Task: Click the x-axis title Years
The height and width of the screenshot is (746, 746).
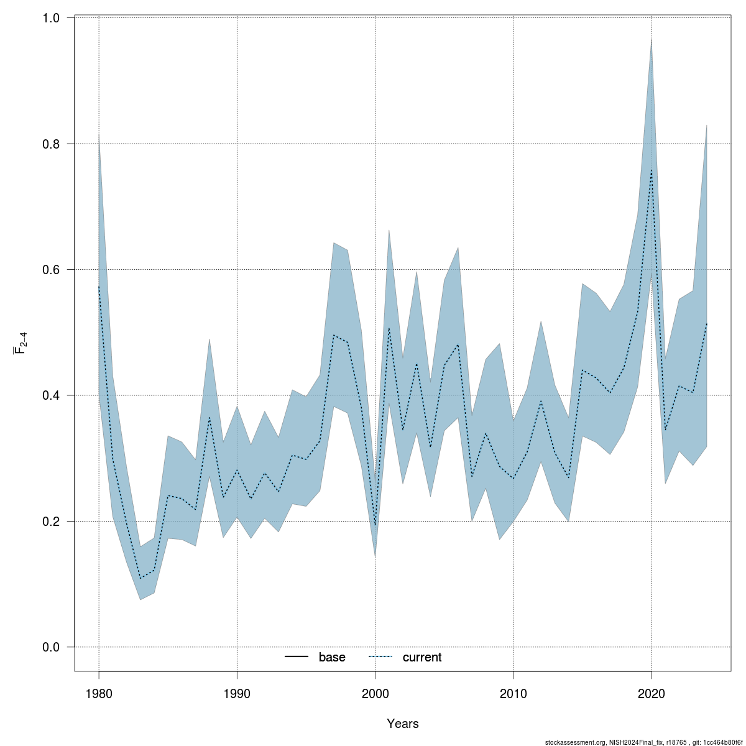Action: coord(402,724)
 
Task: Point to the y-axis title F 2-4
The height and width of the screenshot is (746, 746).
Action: coord(20,343)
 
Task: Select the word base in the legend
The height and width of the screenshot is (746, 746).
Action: coord(332,657)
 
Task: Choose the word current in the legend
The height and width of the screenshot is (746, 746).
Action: coord(422,657)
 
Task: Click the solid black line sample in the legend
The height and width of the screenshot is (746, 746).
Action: coord(297,657)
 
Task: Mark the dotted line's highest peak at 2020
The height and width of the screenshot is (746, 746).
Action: coord(651,170)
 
